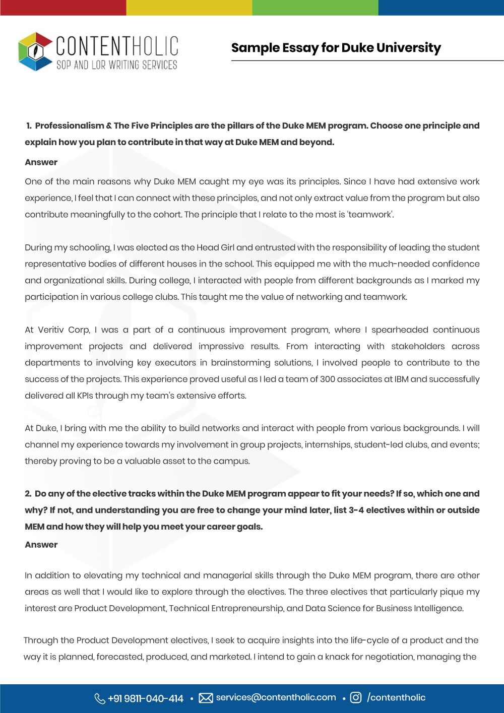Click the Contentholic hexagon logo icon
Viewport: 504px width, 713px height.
click(x=35, y=51)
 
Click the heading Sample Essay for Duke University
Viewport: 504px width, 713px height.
click(x=336, y=48)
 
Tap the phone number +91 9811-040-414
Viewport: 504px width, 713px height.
click(x=145, y=698)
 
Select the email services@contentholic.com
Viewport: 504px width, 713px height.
click(x=276, y=697)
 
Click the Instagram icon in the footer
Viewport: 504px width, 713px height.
click(x=356, y=698)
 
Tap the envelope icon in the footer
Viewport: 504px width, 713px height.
click(x=206, y=698)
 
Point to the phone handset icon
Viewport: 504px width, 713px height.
click(x=99, y=698)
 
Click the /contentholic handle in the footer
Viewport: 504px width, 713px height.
click(x=396, y=697)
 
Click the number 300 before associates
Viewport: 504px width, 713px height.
click(x=328, y=379)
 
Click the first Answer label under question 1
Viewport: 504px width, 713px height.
click(x=41, y=162)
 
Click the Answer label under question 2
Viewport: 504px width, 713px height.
click(x=41, y=545)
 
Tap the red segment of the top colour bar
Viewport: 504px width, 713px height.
click(x=63, y=8)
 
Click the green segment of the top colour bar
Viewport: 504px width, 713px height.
click(x=315, y=8)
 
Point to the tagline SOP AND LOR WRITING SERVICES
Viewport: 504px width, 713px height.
click(x=116, y=65)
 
